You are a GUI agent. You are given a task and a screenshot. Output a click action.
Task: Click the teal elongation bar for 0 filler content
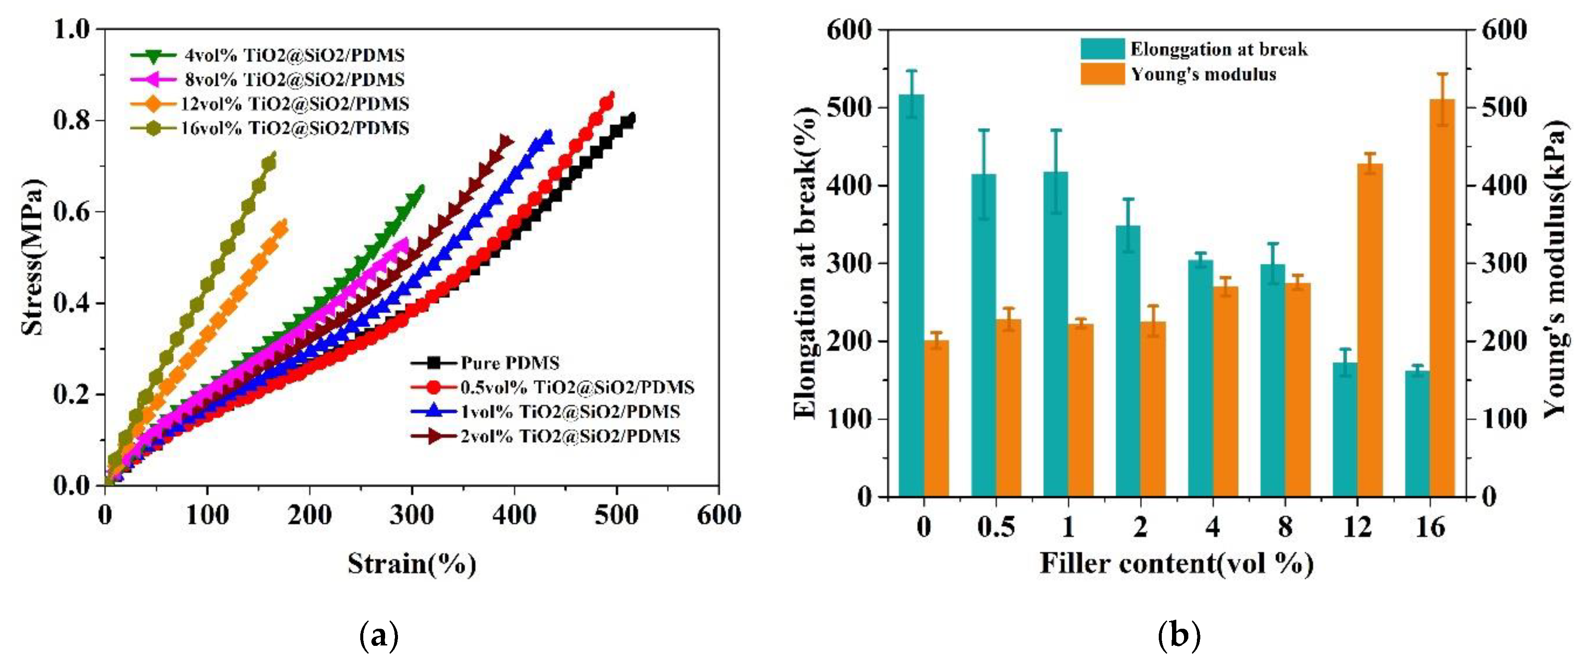pos(911,296)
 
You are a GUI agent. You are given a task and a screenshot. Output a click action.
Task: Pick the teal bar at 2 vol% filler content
pos(1128,361)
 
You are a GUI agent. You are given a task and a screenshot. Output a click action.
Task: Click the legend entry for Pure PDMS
pos(509,362)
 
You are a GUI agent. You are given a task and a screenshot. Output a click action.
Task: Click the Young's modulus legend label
pos(1203,75)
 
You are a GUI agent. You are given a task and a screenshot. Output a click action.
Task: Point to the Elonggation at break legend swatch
pos(1102,49)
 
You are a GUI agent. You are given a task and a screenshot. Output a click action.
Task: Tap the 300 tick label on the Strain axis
pos(411,515)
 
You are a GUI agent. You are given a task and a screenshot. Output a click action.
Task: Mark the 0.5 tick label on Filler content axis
pos(996,527)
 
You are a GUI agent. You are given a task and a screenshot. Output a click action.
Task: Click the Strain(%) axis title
pos(411,563)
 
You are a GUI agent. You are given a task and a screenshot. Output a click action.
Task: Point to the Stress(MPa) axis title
pos(32,257)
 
